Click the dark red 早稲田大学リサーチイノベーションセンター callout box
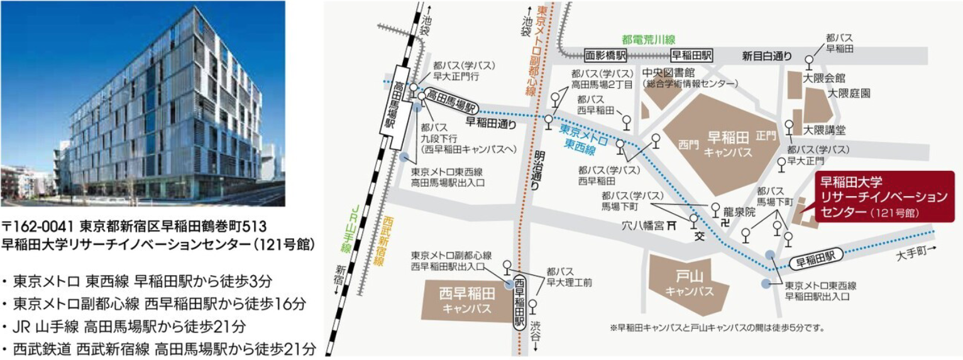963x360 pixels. click(879, 197)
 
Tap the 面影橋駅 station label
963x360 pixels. click(605, 55)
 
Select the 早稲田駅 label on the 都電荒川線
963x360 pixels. click(691, 55)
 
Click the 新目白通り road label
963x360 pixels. click(766, 56)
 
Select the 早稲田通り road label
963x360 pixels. click(491, 123)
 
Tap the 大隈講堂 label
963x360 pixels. click(824, 130)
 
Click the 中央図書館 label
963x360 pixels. click(663, 72)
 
